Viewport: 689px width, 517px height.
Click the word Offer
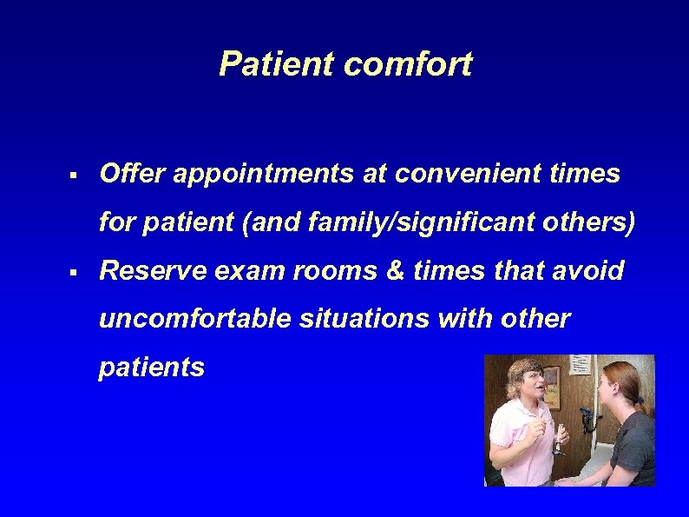pos(132,174)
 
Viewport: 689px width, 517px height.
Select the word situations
pos(364,320)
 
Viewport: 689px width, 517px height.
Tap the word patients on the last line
pos(152,368)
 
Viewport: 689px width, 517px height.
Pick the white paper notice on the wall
pos(581,365)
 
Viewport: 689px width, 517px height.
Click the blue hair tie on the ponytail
pos(640,400)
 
